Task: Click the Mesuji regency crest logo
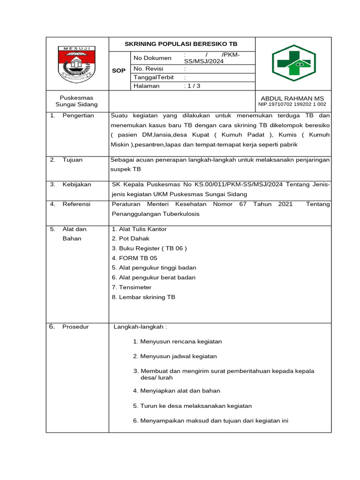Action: (x=77, y=65)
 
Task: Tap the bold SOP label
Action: (x=119, y=71)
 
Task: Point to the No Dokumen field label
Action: (x=152, y=58)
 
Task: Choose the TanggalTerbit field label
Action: (x=153, y=77)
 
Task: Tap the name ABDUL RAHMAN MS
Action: (x=292, y=98)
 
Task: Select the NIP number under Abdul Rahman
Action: (x=292, y=105)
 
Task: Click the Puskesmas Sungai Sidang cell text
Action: (x=76, y=101)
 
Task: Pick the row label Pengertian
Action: (x=78, y=115)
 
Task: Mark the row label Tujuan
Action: (x=72, y=160)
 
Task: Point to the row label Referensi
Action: (x=76, y=204)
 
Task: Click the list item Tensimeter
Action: (x=132, y=287)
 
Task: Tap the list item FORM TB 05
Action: (x=135, y=258)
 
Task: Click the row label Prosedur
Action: (x=75, y=327)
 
